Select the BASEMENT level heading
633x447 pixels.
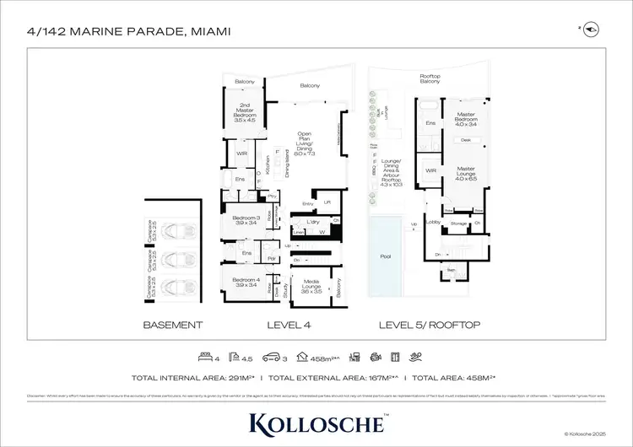[x=173, y=325]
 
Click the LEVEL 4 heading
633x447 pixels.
[x=289, y=325]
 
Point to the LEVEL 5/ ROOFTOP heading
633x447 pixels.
[x=430, y=325]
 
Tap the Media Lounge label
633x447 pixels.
[x=315, y=286]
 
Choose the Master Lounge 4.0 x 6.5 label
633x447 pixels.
[x=466, y=174]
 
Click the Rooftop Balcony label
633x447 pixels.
[x=430, y=78]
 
